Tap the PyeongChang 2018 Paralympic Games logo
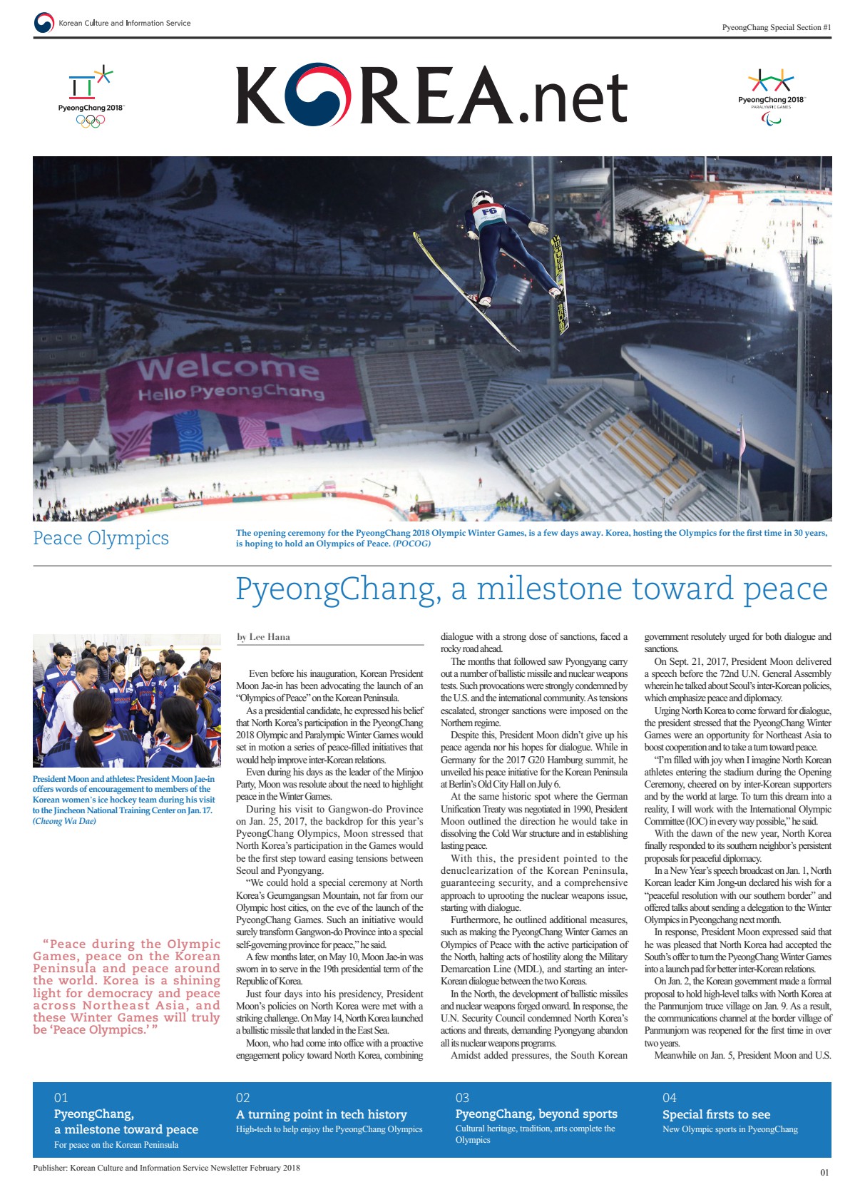(771, 97)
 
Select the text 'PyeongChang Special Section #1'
(776, 27)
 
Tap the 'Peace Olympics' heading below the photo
(101, 538)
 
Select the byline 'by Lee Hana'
(263, 637)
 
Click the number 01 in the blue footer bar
(61, 1097)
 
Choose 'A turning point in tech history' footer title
(321, 1114)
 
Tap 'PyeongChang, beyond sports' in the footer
(536, 1114)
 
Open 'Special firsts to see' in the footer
(716, 1114)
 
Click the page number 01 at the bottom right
(824, 1172)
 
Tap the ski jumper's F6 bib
(488, 213)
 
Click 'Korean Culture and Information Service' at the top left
(124, 23)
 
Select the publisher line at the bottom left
(166, 1168)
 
